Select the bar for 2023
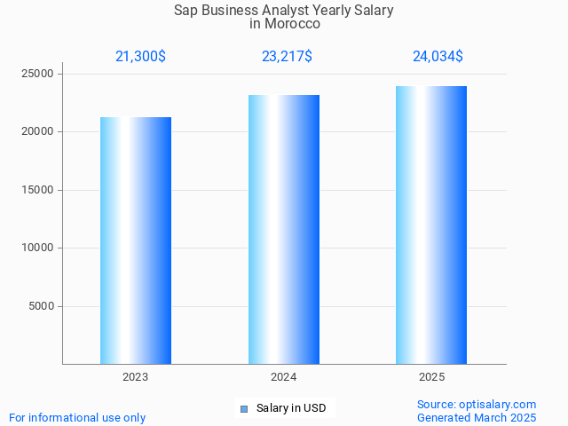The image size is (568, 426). [136, 241]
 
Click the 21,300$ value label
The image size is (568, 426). [140, 56]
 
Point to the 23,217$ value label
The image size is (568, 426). [287, 56]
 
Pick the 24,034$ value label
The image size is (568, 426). [438, 56]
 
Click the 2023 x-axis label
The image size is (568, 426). [136, 377]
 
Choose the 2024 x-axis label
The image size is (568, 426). [284, 377]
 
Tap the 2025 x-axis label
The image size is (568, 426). [431, 377]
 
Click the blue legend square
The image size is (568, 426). [244, 408]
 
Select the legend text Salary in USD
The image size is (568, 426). [290, 408]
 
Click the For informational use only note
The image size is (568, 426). [77, 417]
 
